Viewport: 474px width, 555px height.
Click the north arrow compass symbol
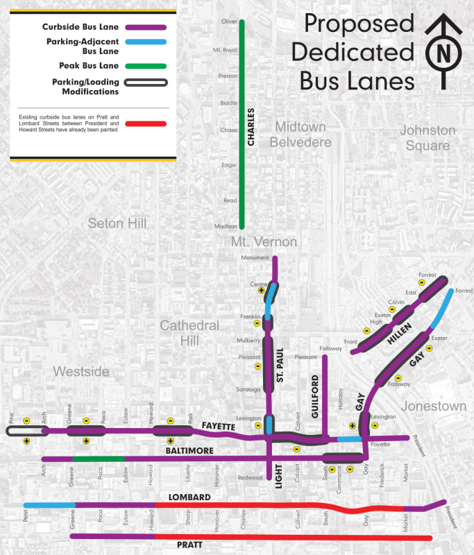tap(443, 53)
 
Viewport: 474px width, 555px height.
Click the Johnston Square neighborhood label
tap(428, 138)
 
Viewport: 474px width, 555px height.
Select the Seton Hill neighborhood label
tap(117, 223)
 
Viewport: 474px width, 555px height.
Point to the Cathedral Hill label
tap(189, 333)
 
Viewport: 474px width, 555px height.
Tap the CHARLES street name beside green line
tap(251, 128)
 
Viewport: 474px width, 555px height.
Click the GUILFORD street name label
tap(316, 396)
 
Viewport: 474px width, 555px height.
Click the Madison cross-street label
tap(226, 225)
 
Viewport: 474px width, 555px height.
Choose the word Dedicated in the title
tap(353, 53)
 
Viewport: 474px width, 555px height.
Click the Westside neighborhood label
tap(81, 372)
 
